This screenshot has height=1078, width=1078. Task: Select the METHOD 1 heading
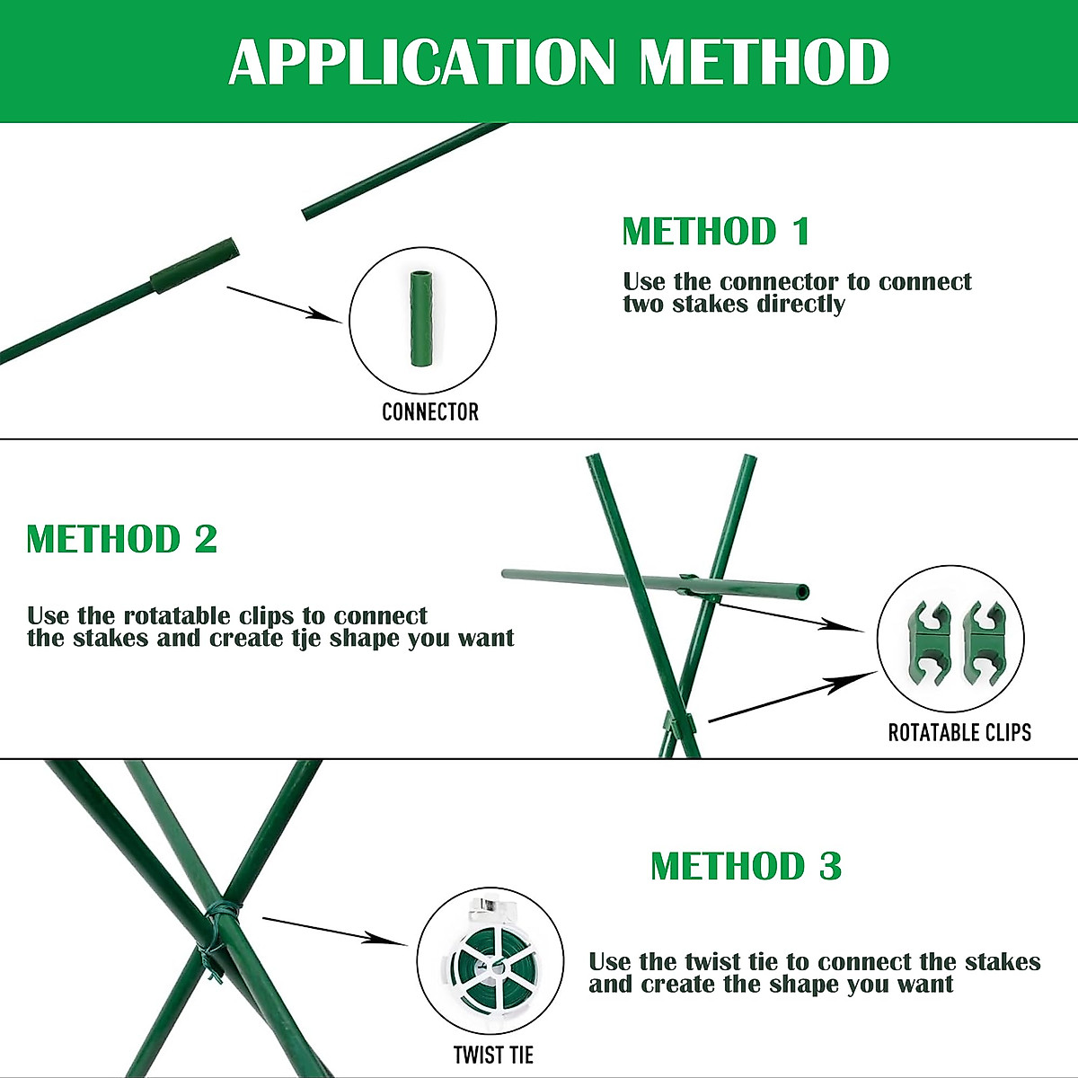pyautogui.click(x=716, y=232)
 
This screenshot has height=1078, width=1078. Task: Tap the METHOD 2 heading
pyautogui.click(x=122, y=539)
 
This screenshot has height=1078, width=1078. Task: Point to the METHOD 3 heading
pyautogui.click(x=746, y=866)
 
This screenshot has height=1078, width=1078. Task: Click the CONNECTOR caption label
pyautogui.click(x=429, y=412)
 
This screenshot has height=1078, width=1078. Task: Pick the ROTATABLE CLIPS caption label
pyautogui.click(x=959, y=733)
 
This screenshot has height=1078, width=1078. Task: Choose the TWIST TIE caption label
pyautogui.click(x=493, y=1055)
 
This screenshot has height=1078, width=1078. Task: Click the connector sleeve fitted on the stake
pyautogui.click(x=196, y=266)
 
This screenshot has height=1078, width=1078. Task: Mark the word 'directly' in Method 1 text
pyautogui.click(x=800, y=304)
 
